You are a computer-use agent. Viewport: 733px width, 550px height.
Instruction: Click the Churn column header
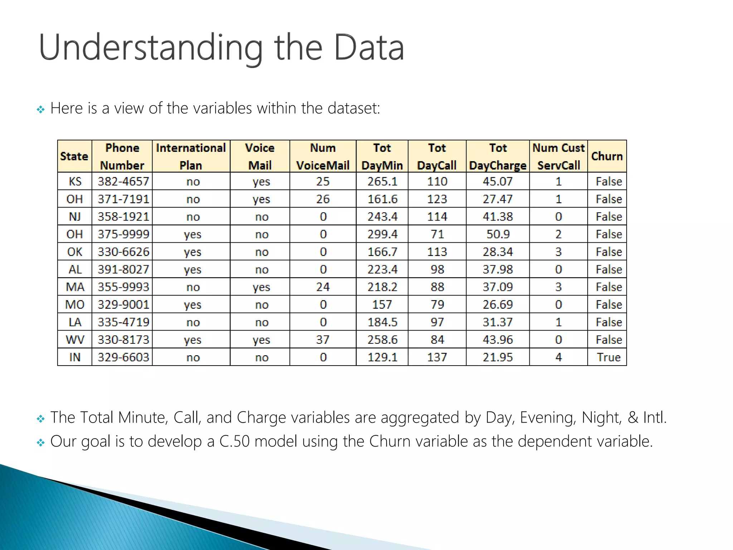(x=607, y=156)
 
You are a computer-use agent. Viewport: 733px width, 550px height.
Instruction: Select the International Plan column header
(x=191, y=156)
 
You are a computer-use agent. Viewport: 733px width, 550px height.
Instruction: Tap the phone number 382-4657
(x=123, y=182)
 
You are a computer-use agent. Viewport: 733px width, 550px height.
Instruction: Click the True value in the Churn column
(x=608, y=357)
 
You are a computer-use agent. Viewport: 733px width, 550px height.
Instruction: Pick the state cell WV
(x=75, y=340)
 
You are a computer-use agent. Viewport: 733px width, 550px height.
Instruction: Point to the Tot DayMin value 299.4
(x=382, y=235)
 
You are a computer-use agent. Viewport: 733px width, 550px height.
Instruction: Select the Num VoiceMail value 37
(x=322, y=340)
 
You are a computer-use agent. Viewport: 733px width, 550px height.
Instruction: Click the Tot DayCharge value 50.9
(x=498, y=235)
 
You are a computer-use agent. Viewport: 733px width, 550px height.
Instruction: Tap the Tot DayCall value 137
(x=437, y=357)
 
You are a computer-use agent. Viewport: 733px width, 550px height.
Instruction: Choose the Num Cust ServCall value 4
(x=558, y=357)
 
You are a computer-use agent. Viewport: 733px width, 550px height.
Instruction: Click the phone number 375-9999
(x=123, y=235)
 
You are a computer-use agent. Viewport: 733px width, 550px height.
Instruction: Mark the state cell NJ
(x=75, y=217)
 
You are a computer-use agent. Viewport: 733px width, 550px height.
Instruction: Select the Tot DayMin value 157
(x=382, y=305)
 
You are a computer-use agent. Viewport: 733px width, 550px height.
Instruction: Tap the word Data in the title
(x=369, y=48)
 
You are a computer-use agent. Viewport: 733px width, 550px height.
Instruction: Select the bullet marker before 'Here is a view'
(x=41, y=109)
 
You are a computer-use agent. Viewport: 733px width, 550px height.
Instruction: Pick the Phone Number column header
(x=122, y=156)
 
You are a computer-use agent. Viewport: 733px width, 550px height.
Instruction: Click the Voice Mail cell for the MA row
(x=261, y=287)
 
